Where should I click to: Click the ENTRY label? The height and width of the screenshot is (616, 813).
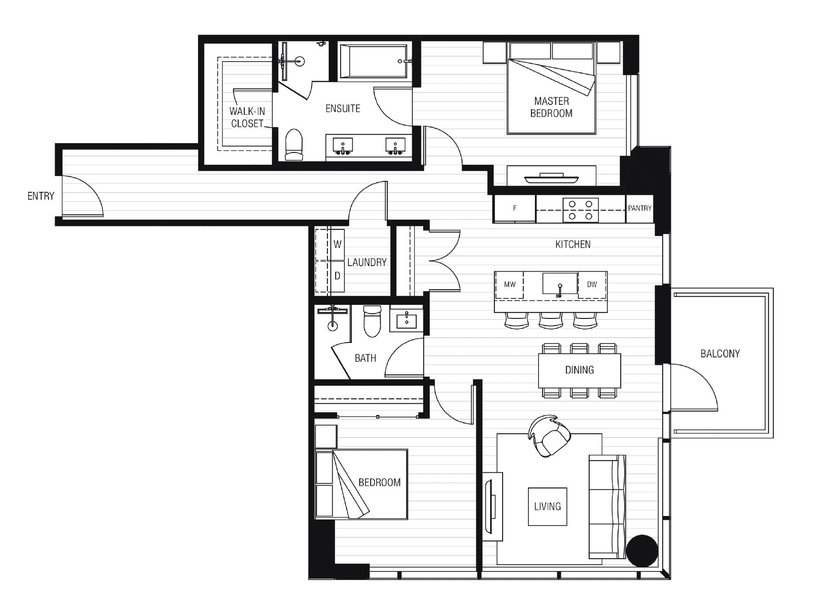pos(41,196)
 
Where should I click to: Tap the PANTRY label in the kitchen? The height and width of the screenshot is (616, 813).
pos(639,208)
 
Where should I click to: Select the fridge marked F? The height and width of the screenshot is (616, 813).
pos(514,208)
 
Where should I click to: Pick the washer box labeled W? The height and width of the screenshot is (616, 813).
pos(337,244)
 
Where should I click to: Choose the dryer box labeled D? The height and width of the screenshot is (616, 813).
pos(337,276)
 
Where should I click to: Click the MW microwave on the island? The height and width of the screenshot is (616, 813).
pos(510,284)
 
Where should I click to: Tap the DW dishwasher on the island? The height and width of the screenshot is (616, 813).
pos(592,284)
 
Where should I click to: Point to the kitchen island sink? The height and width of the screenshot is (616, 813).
pos(560,284)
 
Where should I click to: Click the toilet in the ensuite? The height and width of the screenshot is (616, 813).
pos(294,145)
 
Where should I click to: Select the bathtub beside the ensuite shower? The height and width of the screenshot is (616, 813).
pos(374,62)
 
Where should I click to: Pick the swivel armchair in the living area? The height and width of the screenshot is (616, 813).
pos(549,436)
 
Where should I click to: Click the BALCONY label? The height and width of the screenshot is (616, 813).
pos(720,353)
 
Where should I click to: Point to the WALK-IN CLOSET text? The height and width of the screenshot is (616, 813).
pos(247,118)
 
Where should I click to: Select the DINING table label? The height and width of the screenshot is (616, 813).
pos(579,370)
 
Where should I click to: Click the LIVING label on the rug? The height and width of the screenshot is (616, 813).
pos(547,506)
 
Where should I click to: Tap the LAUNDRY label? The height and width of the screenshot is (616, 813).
pos(367,262)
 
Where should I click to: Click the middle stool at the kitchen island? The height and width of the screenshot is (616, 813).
pos(550,320)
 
